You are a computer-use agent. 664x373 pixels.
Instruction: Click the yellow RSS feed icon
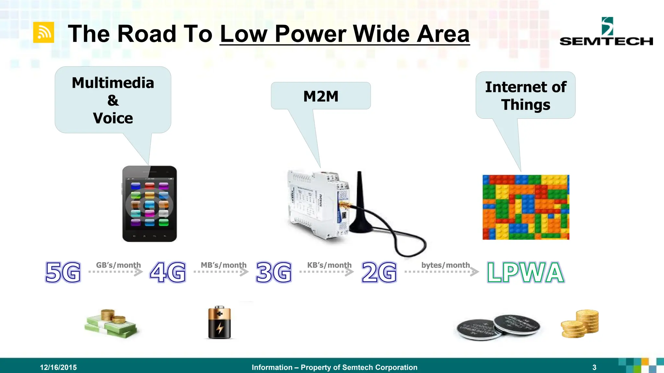[x=43, y=32]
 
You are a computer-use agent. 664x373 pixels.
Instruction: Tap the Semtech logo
[x=606, y=32]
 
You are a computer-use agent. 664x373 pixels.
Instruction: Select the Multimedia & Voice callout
[x=113, y=100]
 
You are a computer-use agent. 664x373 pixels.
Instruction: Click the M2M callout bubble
[x=321, y=96]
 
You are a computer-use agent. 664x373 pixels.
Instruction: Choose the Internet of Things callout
[x=525, y=96]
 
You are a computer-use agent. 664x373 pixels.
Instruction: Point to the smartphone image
[x=149, y=204]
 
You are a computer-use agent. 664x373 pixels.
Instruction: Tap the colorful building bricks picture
[x=526, y=207]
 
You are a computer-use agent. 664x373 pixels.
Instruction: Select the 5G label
[x=63, y=272]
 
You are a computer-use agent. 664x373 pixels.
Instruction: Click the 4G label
[x=168, y=272]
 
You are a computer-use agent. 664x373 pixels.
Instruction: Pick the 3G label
[x=274, y=272]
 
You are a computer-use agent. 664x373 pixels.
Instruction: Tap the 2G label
[x=379, y=272]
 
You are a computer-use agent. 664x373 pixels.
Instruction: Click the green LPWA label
[x=526, y=272]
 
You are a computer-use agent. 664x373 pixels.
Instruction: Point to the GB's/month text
[x=118, y=265]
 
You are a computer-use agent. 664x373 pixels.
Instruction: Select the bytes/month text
[x=445, y=265]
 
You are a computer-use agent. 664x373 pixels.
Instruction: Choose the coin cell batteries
[x=498, y=327]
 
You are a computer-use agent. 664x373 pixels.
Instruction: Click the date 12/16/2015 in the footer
[x=58, y=367]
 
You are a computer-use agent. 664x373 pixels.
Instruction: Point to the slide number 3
[x=594, y=367]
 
